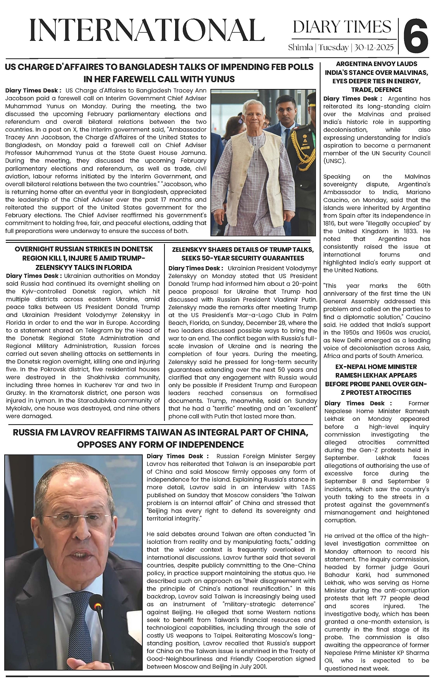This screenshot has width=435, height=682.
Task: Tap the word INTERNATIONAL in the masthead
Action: pos(147,31)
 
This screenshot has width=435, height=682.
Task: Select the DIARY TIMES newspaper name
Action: pos(342,27)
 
